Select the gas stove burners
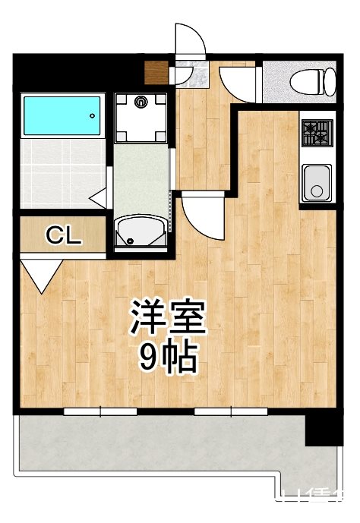coord(316,134)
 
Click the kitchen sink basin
coord(315,181)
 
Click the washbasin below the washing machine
coord(142,230)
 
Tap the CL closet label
coord(64,236)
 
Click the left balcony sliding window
coord(100,411)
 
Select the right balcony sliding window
coord(231,411)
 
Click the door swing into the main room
coord(201,215)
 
